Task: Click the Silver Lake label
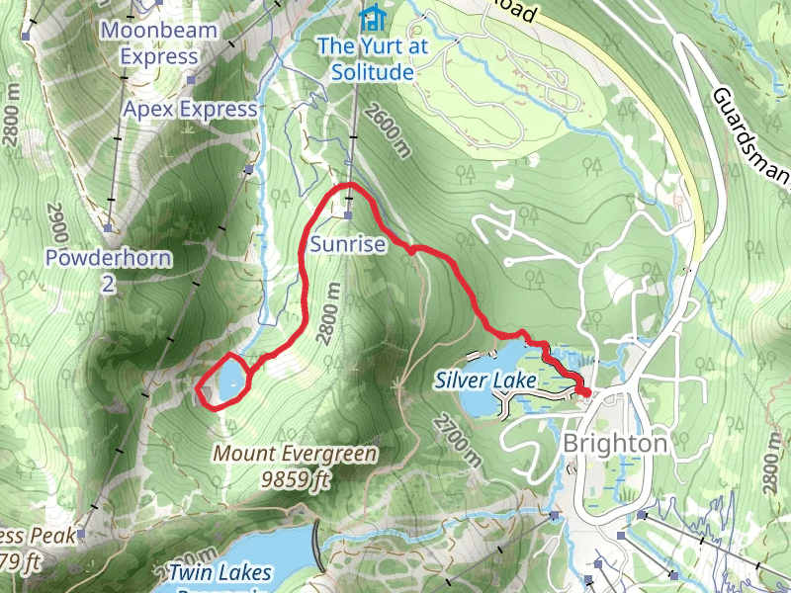[x=485, y=380]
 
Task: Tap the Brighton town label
[x=614, y=444]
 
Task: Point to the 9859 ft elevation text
[x=296, y=479]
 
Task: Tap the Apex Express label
[x=190, y=109]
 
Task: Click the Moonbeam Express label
[x=159, y=43]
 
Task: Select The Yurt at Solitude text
[x=365, y=58]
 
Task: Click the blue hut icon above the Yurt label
[x=371, y=17]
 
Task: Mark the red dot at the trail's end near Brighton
[x=585, y=392]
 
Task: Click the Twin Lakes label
[x=220, y=572]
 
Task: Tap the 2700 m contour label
[x=456, y=440]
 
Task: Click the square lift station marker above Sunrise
[x=349, y=214]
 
